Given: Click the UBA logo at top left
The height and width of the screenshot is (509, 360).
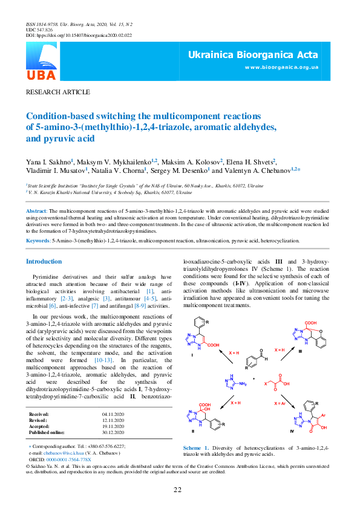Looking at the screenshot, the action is (41, 63).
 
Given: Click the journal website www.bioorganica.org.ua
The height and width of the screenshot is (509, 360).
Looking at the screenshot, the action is (281, 67).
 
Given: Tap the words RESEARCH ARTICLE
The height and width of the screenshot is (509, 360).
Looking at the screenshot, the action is (57, 92).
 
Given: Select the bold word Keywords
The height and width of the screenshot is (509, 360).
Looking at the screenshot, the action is (38, 240).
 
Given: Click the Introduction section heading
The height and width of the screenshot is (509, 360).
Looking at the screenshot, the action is (44, 261).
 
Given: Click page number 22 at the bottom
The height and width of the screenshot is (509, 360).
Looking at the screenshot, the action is (178, 490).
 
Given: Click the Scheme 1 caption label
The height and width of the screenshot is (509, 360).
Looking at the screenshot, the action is (196, 448).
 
